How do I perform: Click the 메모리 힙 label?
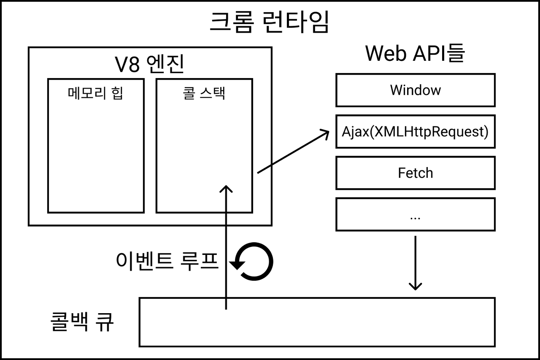pyautogui.click(x=95, y=93)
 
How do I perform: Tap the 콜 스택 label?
pyautogui.click(x=204, y=93)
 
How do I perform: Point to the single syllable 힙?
pyautogui.click(x=117, y=93)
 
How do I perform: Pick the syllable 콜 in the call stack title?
pyautogui.click(x=189, y=93)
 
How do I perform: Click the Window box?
pyautogui.click(x=415, y=90)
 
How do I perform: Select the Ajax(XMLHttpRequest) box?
pyautogui.click(x=415, y=131)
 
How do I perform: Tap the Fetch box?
pyautogui.click(x=415, y=173)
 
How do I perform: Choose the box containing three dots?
pyautogui.click(x=415, y=214)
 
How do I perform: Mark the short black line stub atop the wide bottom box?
pyautogui.click(x=226, y=304)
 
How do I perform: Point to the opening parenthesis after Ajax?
pyautogui.click(x=372, y=132)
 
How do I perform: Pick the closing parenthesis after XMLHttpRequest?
pyautogui.click(x=486, y=132)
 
